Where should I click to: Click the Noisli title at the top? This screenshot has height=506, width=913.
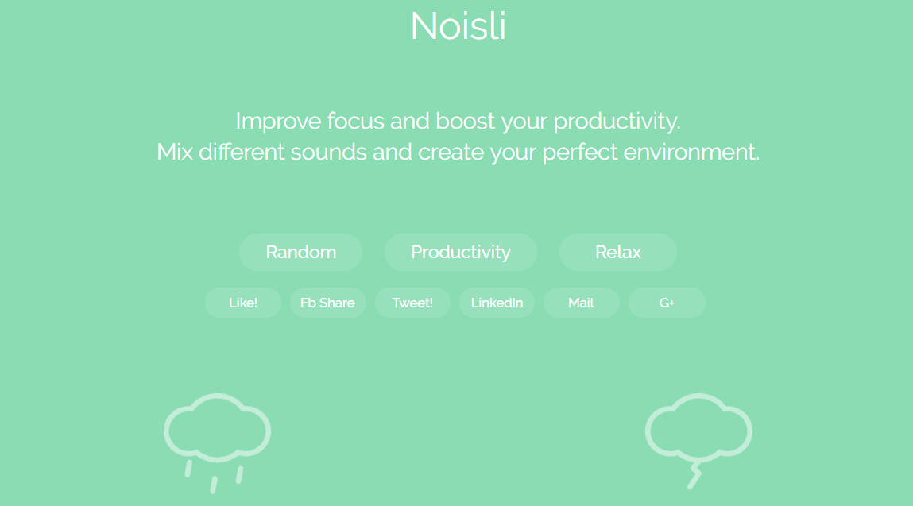(x=458, y=25)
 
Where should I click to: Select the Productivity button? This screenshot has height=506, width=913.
(x=461, y=252)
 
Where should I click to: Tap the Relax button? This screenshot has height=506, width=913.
(x=617, y=252)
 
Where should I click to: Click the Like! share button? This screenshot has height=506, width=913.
(x=243, y=303)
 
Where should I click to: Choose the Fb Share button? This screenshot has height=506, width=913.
(x=328, y=303)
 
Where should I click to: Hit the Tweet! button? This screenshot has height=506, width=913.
(x=412, y=303)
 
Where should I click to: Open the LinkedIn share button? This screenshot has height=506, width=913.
(x=497, y=303)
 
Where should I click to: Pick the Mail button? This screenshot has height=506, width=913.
(x=581, y=303)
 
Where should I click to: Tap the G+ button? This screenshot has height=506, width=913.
(x=667, y=303)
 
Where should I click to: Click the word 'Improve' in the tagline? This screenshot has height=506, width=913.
(x=278, y=121)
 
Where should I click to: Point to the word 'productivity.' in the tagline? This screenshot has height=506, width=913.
(x=617, y=122)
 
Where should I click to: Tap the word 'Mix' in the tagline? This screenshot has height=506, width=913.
(x=175, y=152)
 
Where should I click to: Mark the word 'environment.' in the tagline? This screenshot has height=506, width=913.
(x=691, y=152)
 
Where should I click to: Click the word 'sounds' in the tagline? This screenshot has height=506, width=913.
(x=328, y=152)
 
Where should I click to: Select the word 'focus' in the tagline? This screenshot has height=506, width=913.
(x=355, y=121)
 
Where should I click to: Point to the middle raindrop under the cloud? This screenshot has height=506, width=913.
(x=214, y=485)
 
